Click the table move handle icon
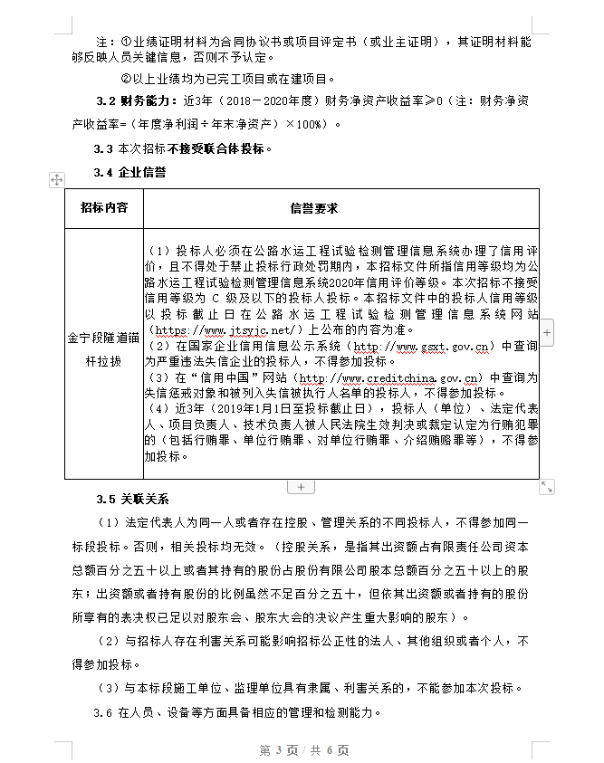click(56, 180)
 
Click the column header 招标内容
click(104, 207)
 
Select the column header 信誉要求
click(314, 208)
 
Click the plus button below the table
click(301, 487)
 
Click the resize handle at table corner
click(547, 487)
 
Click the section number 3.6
click(103, 711)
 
